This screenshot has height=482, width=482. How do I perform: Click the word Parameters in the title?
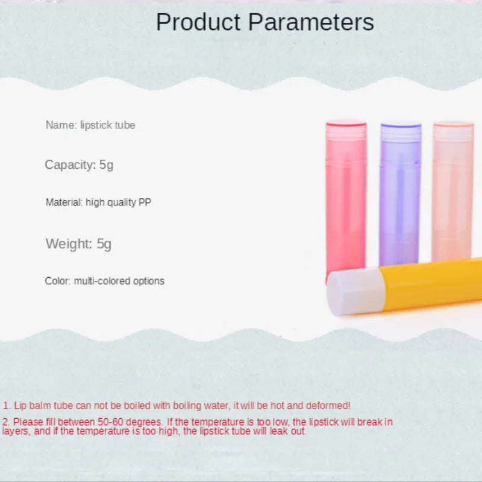tap(311, 22)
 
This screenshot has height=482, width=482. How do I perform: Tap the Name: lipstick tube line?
tap(90, 125)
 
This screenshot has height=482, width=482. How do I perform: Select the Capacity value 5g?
tap(106, 164)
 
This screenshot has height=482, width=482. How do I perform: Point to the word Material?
tap(64, 202)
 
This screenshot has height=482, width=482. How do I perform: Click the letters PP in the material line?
tap(145, 202)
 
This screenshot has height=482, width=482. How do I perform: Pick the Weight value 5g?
tap(104, 244)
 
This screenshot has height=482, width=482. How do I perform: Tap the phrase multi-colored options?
tap(119, 281)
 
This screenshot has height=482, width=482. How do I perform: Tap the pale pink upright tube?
tap(452, 193)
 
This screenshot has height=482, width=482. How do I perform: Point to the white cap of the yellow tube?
tap(355, 292)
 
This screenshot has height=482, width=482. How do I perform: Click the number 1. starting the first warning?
tap(7, 406)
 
